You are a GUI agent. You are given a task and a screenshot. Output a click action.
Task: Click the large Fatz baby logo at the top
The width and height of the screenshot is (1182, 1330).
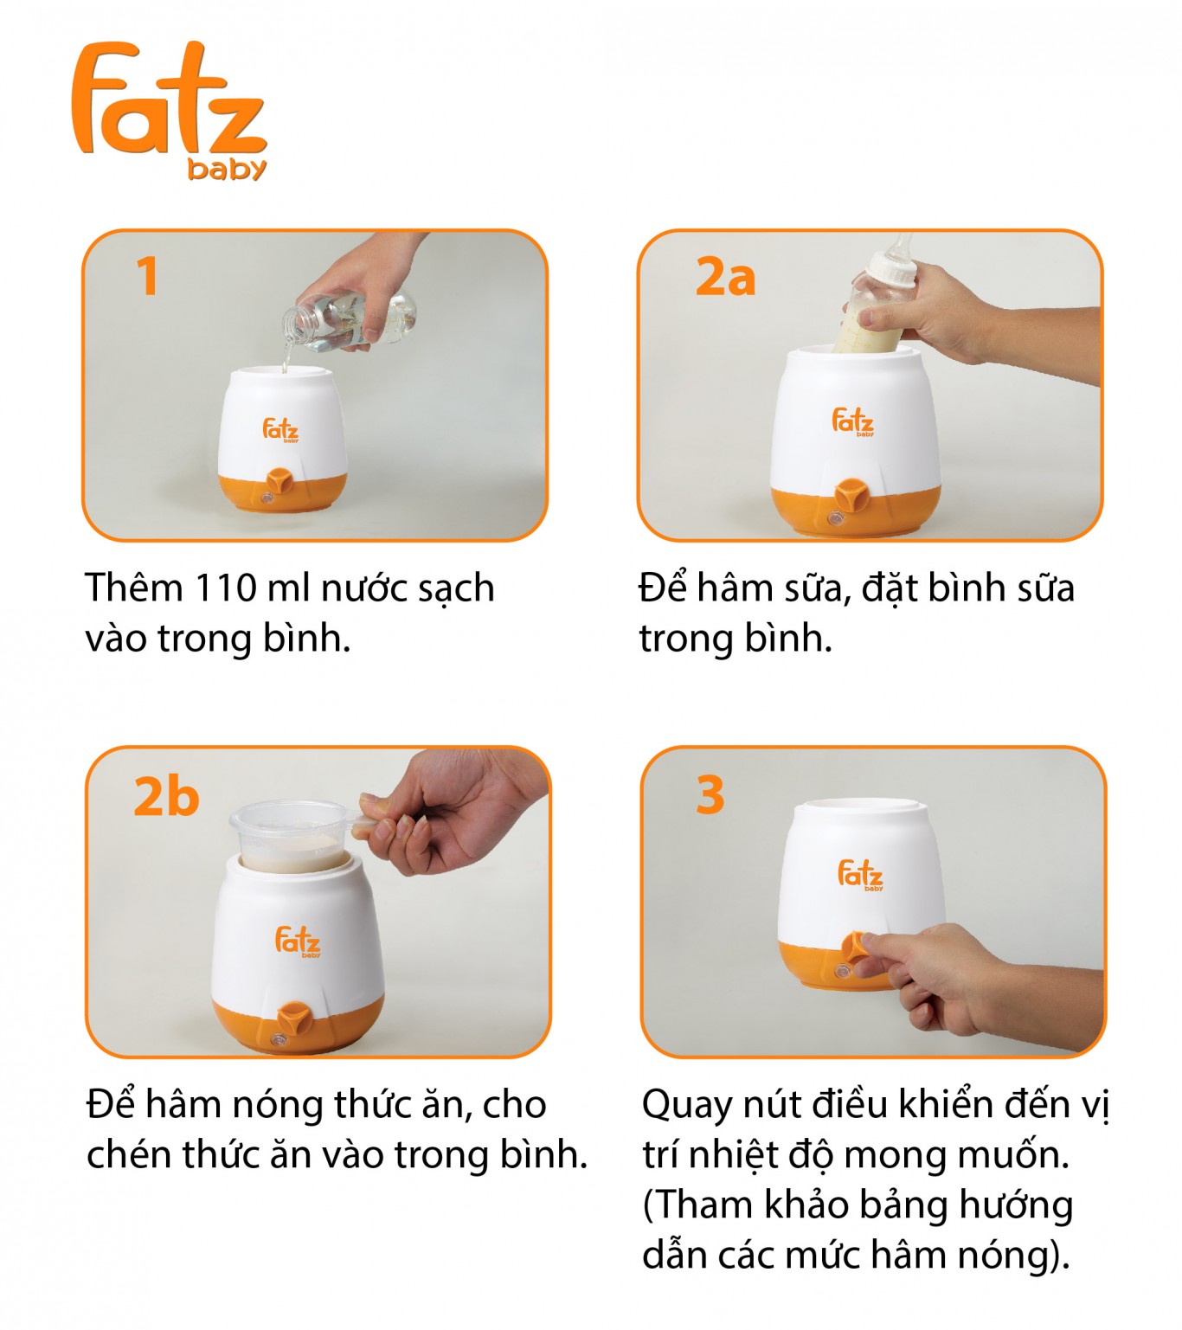pyautogui.click(x=170, y=110)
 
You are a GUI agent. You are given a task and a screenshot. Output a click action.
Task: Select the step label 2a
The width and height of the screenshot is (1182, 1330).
pyautogui.click(x=726, y=276)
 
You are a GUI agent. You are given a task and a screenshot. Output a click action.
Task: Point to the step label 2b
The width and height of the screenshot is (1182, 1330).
pyautogui.click(x=166, y=796)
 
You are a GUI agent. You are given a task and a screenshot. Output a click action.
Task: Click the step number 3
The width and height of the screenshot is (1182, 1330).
pyautogui.click(x=710, y=795)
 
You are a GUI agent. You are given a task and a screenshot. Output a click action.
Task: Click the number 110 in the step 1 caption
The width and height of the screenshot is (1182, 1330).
pyautogui.click(x=225, y=588)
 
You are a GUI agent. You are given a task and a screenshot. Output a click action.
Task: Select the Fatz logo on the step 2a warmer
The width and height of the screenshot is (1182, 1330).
pyautogui.click(x=853, y=421)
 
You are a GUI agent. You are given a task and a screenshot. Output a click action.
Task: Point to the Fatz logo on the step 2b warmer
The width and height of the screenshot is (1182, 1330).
pyautogui.click(x=298, y=941)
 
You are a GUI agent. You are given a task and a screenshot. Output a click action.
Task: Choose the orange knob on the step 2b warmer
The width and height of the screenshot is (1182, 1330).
pyautogui.click(x=292, y=1018)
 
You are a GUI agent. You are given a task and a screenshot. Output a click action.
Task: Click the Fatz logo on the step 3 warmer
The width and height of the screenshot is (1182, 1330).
pyautogui.click(x=860, y=875)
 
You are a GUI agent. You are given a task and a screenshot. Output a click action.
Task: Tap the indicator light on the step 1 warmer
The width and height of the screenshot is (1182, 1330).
pyautogui.click(x=267, y=499)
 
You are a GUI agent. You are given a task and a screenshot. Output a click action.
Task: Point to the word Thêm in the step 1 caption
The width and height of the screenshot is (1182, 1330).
pyautogui.click(x=134, y=587)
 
